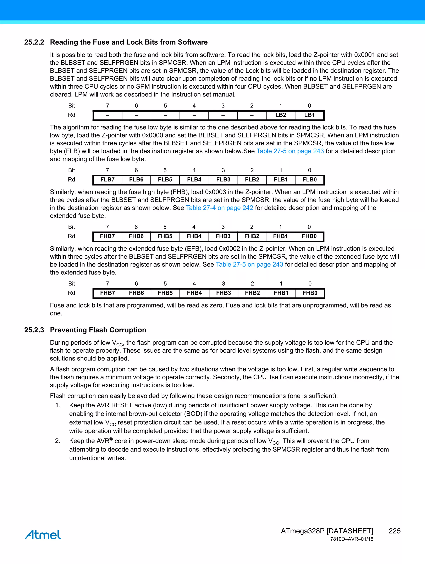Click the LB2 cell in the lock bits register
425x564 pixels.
coord(280,115)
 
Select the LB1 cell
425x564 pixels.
coord(309,115)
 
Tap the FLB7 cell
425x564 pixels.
coord(107,179)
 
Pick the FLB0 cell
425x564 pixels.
coord(309,179)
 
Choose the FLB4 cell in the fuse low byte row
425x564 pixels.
coord(194,179)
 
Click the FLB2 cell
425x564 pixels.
coord(252,179)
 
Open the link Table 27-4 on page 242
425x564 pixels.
coord(219,208)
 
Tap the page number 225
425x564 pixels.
coord(394,531)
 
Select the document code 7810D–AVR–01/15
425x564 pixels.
coord(352,539)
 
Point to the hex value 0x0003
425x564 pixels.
coord(216,192)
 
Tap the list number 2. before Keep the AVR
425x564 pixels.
coord(58,441)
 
